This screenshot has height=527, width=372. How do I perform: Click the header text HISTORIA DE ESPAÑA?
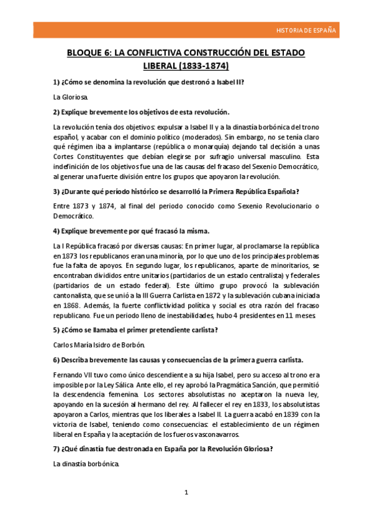click(x=306, y=30)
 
